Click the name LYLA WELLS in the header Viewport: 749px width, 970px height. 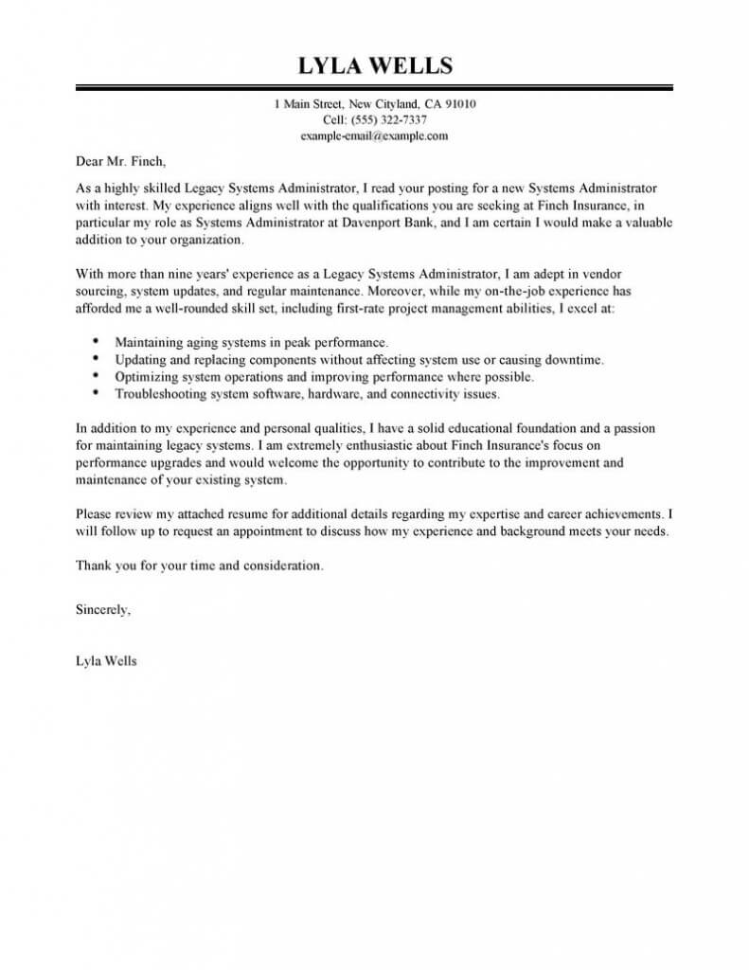point(375,65)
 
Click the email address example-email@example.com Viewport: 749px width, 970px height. point(374,135)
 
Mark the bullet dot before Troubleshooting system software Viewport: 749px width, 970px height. point(98,391)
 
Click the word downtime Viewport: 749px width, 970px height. point(570,360)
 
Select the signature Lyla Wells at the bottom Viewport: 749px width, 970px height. point(106,661)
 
